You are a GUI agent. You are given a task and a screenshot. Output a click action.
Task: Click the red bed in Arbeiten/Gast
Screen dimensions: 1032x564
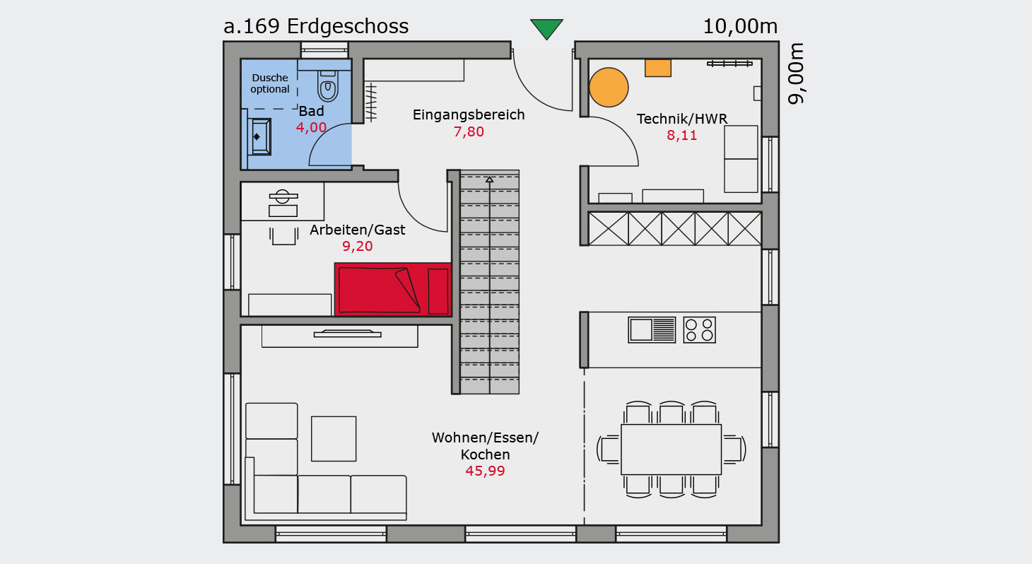(393, 289)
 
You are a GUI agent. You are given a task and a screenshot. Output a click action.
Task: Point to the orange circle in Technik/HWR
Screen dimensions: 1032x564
(609, 87)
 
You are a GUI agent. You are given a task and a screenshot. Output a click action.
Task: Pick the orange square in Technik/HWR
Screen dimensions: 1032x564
(658, 68)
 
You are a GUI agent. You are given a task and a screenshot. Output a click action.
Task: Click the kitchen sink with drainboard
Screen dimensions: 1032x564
(652, 330)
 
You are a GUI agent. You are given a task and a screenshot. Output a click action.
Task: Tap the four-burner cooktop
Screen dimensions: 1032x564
(699, 330)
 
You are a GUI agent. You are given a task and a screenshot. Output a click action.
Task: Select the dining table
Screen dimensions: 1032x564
(672, 450)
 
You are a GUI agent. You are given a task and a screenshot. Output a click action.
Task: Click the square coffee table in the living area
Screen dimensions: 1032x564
(334, 439)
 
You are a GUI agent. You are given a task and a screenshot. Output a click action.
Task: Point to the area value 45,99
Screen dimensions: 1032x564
(485, 471)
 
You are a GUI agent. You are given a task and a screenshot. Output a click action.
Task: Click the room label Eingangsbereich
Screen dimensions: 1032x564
(469, 114)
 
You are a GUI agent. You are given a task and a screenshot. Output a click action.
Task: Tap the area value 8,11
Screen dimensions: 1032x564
(682, 136)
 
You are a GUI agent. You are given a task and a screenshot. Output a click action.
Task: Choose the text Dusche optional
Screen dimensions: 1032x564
(270, 83)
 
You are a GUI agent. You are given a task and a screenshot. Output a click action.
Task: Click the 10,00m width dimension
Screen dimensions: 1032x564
(740, 26)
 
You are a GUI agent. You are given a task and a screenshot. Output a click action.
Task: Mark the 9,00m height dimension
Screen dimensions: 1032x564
(796, 74)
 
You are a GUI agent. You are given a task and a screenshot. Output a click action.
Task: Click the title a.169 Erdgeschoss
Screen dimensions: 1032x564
(316, 26)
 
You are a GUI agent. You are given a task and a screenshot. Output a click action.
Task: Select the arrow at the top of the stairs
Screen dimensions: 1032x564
(489, 180)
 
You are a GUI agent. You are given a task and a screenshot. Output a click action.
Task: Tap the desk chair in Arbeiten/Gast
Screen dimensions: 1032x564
(283, 236)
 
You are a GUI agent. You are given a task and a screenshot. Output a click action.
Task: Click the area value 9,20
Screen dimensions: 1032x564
(358, 247)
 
